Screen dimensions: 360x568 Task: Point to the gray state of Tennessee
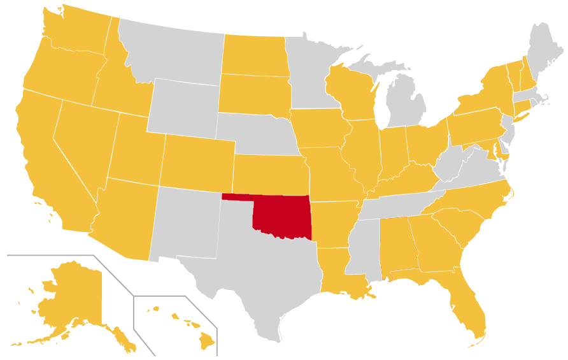(x=401, y=205)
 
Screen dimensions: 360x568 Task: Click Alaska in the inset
(x=70, y=299)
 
